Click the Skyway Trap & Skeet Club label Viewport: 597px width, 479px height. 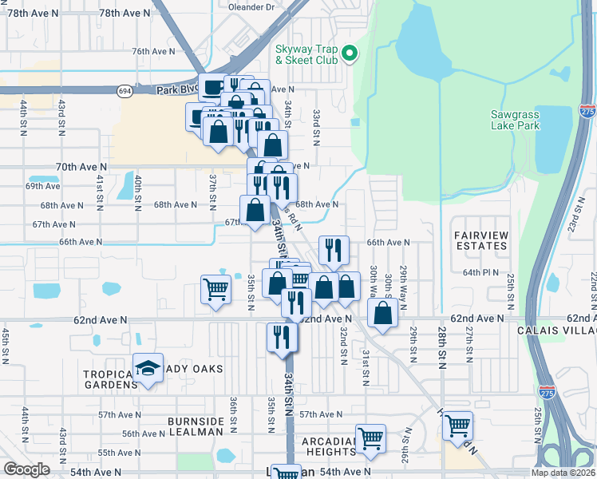tap(306, 54)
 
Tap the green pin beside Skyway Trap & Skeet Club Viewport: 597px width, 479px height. tap(349, 54)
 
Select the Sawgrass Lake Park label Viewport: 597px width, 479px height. tap(515, 120)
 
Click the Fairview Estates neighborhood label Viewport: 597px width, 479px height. tap(480, 240)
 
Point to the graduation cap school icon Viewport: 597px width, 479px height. tap(148, 369)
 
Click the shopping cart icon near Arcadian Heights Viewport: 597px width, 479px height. tap(370, 438)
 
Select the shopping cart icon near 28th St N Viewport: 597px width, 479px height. tap(458, 426)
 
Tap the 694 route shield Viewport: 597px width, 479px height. tap(125, 91)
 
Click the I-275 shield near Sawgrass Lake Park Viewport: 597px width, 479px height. tap(587, 112)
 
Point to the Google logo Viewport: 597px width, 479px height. tap(26, 469)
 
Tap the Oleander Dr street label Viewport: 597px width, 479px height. tap(251, 6)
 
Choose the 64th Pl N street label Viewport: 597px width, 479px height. tap(480, 272)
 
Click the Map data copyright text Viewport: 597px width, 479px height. tap(553, 473)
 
